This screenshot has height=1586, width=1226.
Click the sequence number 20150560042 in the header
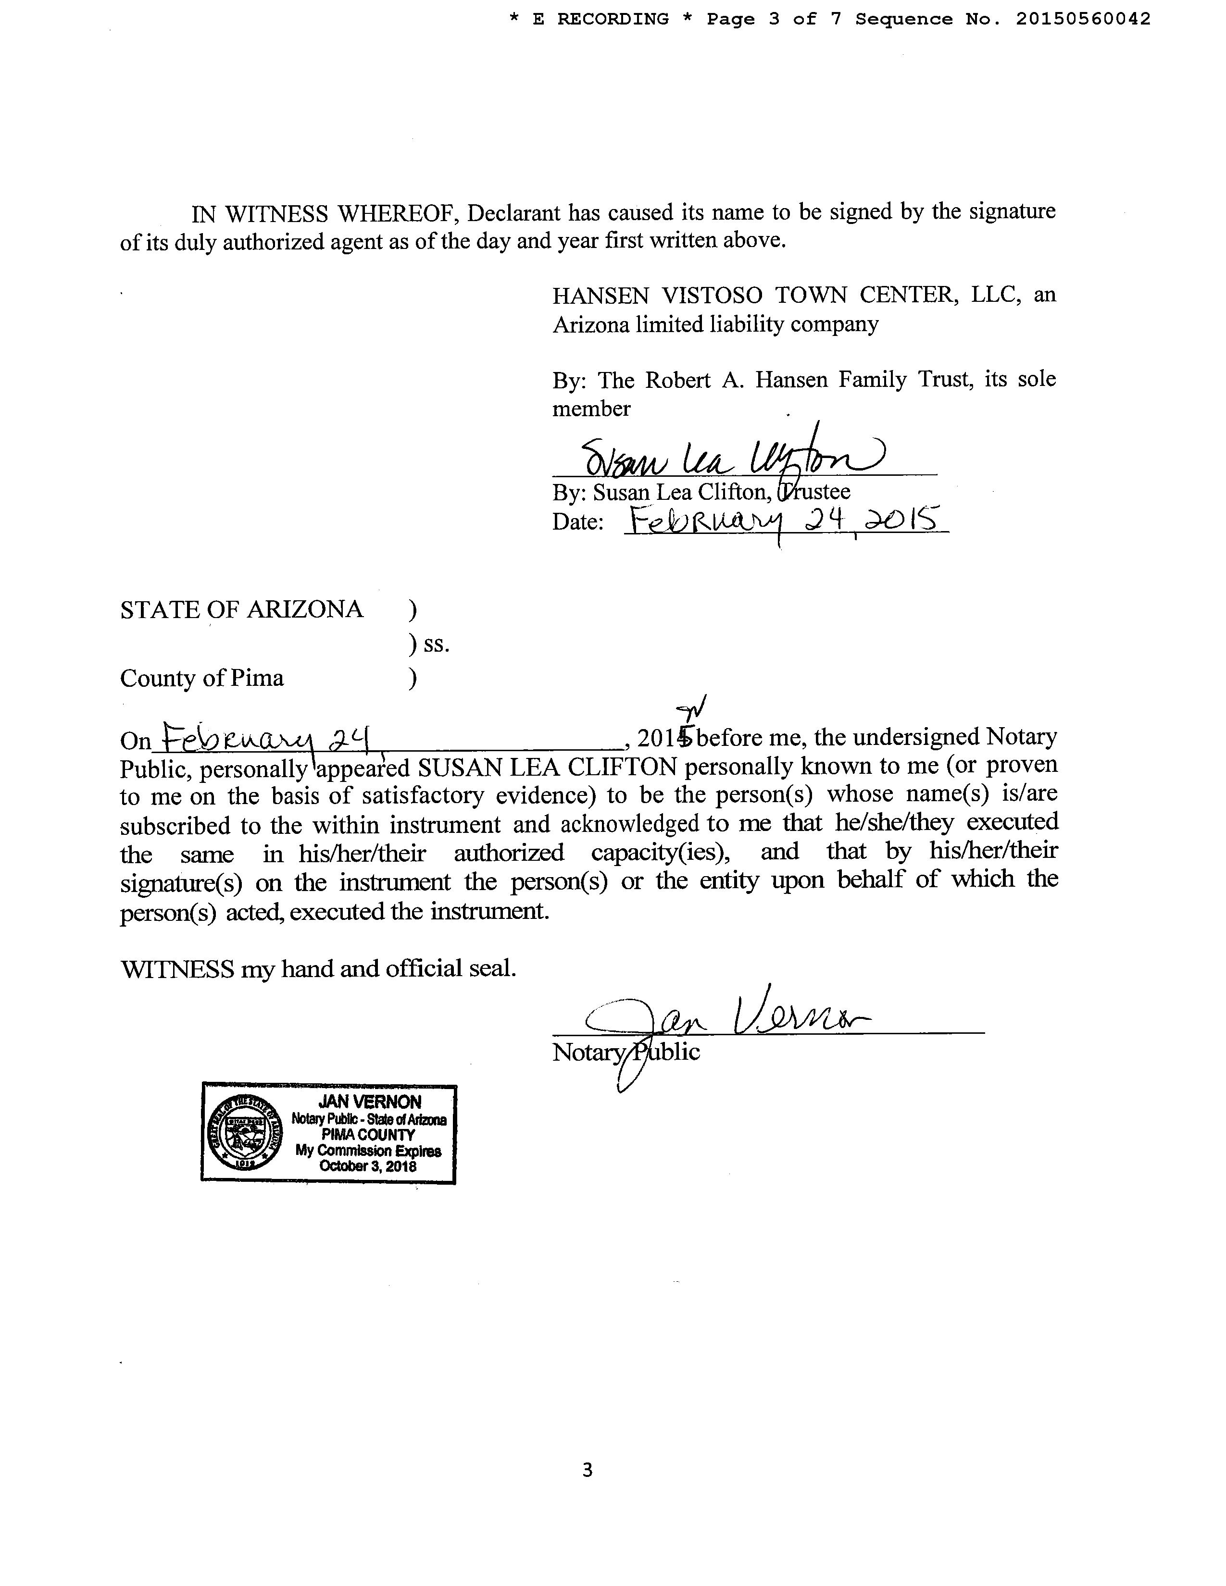(1082, 19)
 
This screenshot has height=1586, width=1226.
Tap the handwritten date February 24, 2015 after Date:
(785, 520)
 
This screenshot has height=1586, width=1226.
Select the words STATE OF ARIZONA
(241, 609)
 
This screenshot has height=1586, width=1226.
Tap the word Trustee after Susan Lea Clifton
(815, 492)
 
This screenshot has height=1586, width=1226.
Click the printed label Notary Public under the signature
(626, 1052)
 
